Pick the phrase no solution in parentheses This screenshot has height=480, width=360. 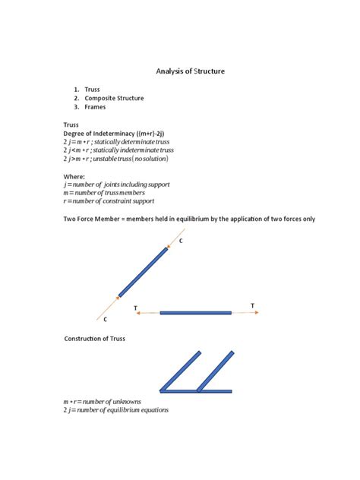[x=150, y=159]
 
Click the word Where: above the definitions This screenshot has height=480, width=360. [x=74, y=176]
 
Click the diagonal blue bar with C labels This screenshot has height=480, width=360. [x=143, y=271]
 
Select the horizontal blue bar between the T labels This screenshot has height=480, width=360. [x=195, y=312]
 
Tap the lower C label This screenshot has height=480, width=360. [x=105, y=320]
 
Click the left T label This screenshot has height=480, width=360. [x=135, y=308]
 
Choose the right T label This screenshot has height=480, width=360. [x=253, y=306]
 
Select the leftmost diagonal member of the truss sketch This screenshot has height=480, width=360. [x=180, y=371]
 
